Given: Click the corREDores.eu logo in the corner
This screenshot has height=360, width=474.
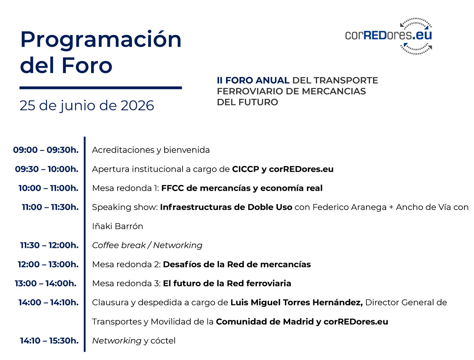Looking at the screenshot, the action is [x=389, y=36].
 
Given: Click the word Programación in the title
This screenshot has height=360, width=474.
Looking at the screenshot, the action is [x=101, y=40].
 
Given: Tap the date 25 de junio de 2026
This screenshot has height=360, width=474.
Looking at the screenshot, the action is [x=87, y=106].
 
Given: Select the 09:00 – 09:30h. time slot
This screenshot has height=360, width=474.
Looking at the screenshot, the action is [x=46, y=150].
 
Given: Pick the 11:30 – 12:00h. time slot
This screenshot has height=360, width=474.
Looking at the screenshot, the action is [x=49, y=245].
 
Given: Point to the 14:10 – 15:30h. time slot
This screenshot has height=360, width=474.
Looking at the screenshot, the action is [x=49, y=341].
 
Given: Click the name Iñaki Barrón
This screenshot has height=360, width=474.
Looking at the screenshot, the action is [x=118, y=226].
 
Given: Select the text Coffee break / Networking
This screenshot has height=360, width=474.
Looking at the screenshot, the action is [x=147, y=245].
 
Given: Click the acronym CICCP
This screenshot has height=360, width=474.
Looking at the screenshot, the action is [x=246, y=169].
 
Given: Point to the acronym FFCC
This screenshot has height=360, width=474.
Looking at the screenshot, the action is [x=173, y=188].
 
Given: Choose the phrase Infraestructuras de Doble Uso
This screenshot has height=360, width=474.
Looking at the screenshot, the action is [x=226, y=207].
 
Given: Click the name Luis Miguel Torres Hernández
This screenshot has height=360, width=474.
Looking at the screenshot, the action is [x=297, y=302].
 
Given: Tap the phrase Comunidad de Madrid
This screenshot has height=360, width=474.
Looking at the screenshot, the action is [x=265, y=321].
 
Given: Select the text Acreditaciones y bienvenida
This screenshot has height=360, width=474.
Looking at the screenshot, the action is [x=151, y=150].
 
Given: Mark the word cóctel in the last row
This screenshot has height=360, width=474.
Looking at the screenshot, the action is [x=163, y=341].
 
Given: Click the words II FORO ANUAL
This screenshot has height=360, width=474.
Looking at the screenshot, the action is [x=253, y=80].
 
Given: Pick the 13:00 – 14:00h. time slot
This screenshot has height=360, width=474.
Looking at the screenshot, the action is [x=46, y=283].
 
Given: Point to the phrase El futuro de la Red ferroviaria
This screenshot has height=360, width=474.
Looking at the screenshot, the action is [x=227, y=283].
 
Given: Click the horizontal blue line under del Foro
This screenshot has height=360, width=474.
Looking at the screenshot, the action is [x=101, y=88].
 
